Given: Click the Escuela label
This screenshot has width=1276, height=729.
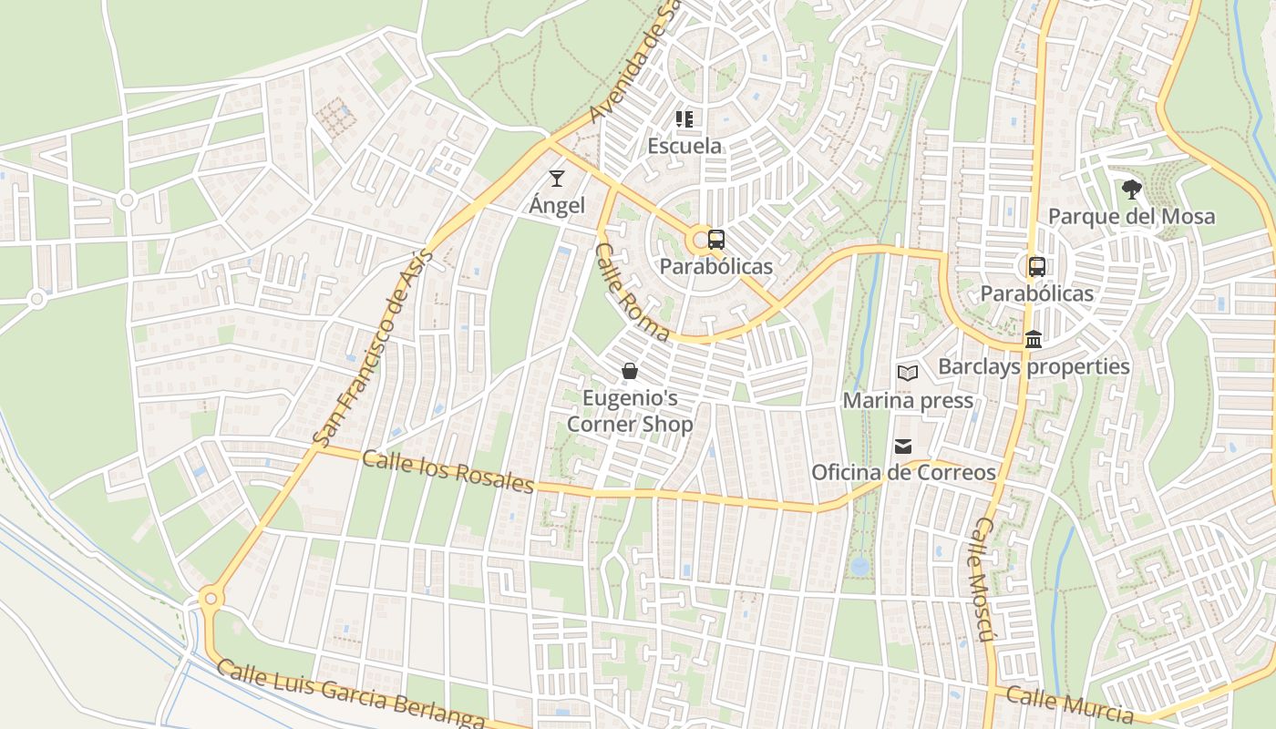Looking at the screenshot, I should point(684,146).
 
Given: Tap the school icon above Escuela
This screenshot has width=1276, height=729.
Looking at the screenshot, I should point(684,119).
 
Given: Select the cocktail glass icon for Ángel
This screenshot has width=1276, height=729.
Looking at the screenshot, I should point(557,179).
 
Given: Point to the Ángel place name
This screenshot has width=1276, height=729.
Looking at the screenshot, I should point(557,205).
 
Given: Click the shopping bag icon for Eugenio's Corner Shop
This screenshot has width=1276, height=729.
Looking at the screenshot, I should point(629,371).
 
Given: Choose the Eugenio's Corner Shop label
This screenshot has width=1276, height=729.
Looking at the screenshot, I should point(630,411).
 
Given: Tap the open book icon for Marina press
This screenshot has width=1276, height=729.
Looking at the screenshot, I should point(907,373).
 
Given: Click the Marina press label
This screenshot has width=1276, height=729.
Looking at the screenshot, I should point(908,401).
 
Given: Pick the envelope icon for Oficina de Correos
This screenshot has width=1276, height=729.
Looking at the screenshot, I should point(903,446).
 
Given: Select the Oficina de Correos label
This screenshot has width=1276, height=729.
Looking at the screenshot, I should point(903,473).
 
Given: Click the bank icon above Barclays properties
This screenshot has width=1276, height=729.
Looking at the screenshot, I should point(1034,340).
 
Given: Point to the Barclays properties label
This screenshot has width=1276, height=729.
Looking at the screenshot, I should point(1034,366).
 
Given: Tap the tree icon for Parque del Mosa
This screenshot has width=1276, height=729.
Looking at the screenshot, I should point(1131,190).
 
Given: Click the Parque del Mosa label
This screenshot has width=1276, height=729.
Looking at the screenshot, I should point(1131,217).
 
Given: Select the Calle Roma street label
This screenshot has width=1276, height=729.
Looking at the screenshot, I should point(631,292).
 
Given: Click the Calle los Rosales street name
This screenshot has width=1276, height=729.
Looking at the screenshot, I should point(447,470).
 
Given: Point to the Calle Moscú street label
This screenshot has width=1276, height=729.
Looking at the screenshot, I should point(980,579).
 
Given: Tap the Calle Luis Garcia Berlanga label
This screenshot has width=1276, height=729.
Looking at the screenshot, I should point(351,695).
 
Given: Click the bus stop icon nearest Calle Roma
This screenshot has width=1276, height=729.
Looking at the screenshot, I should point(716,241).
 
